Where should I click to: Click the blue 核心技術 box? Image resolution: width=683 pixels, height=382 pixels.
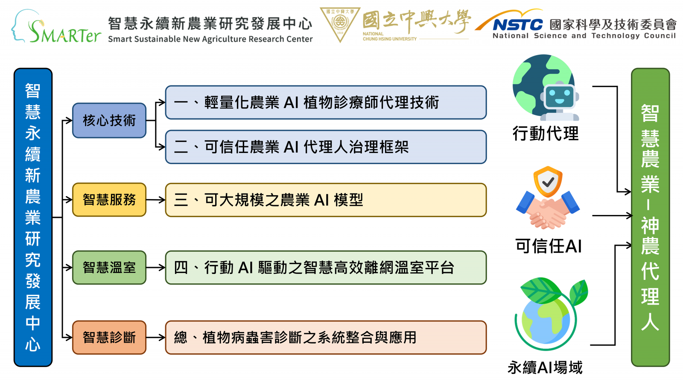[109, 120]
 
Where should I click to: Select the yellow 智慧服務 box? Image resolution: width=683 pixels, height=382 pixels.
[109, 200]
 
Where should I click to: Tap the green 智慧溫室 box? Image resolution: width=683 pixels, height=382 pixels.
[109, 267]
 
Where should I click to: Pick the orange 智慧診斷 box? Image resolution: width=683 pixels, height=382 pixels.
[109, 338]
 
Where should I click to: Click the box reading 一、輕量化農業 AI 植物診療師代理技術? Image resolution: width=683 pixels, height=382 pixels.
[326, 103]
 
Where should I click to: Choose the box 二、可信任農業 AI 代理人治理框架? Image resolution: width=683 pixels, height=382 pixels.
[326, 147]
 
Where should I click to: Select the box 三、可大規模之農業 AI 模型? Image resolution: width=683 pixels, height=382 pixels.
[326, 200]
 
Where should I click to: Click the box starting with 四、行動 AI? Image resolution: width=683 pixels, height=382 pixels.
[326, 267]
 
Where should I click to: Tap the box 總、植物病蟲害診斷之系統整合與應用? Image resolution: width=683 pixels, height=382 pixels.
[326, 338]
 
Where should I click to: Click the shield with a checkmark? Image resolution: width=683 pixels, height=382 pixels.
[548, 182]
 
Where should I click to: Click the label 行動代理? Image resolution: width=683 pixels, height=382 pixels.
[546, 133]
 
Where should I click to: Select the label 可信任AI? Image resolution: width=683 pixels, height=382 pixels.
[548, 246]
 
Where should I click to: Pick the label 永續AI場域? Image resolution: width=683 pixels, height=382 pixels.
[545, 367]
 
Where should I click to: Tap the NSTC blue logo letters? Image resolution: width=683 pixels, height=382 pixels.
[518, 25]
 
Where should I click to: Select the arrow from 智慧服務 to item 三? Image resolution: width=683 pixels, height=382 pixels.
[156, 200]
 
